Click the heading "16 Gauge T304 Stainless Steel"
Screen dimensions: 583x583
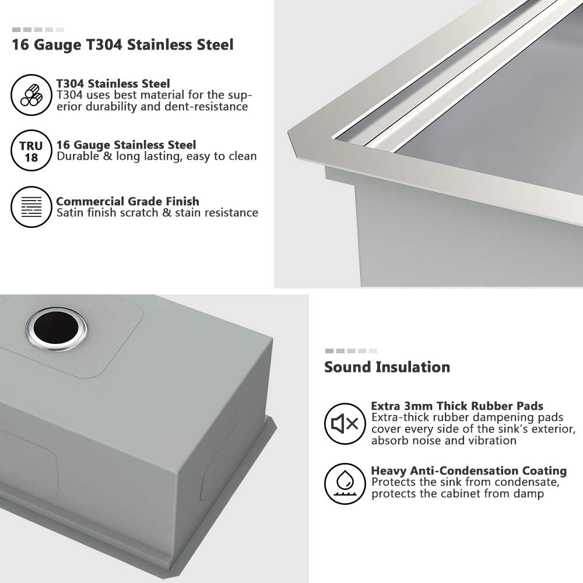point(122,45)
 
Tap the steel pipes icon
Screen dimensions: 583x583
point(31,95)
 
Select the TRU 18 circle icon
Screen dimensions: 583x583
point(31,150)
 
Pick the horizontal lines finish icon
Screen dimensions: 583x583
point(31,206)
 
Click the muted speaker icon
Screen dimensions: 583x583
point(345,423)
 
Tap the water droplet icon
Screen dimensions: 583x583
point(345,483)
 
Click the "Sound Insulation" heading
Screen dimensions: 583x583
point(387,367)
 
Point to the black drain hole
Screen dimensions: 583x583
point(55,329)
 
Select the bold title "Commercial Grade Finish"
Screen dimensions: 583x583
point(128,201)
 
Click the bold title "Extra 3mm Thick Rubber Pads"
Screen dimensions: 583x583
point(457,406)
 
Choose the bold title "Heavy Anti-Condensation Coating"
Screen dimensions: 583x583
point(469,470)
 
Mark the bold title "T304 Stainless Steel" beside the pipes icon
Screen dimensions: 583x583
point(113,83)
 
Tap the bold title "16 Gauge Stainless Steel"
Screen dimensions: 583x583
point(126,145)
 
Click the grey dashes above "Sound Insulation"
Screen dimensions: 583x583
point(351,351)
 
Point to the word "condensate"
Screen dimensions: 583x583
point(527,482)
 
